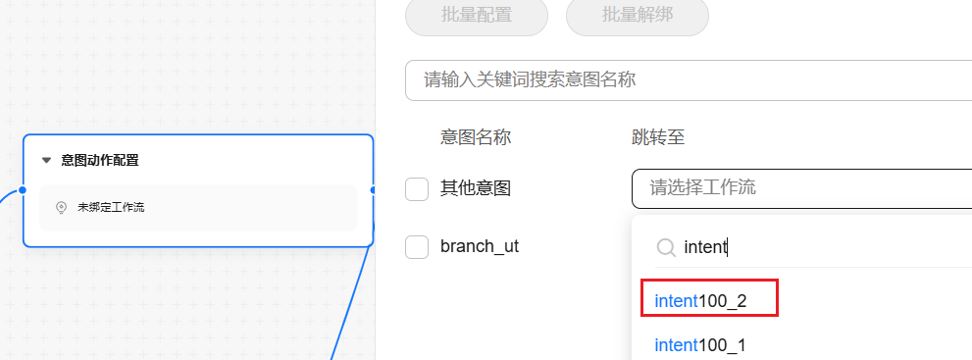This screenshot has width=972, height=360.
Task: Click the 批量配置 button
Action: pyautogui.click(x=476, y=15)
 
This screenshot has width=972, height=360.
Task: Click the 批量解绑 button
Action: pyautogui.click(x=638, y=15)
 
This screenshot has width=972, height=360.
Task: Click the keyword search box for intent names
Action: pyautogui.click(x=689, y=80)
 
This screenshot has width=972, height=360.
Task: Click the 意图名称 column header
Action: pyautogui.click(x=476, y=137)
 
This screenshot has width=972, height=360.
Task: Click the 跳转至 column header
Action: pyautogui.click(x=658, y=137)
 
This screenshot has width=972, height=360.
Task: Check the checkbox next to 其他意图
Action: pyautogui.click(x=417, y=189)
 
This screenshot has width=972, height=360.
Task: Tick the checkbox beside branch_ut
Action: pyautogui.click(x=417, y=247)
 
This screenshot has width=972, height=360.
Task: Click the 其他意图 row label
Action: pyautogui.click(x=476, y=188)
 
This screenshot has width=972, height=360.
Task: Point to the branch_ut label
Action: pyautogui.click(x=480, y=246)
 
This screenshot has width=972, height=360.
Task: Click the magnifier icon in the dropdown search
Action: pyautogui.click(x=666, y=248)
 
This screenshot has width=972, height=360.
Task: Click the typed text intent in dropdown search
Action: pyautogui.click(x=705, y=247)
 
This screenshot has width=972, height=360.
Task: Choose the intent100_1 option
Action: pyautogui.click(x=700, y=345)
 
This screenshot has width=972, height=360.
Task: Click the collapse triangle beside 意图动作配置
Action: pyautogui.click(x=46, y=161)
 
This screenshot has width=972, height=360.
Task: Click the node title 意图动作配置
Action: pyautogui.click(x=100, y=161)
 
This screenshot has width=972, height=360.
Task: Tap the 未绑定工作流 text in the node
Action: pyautogui.click(x=111, y=208)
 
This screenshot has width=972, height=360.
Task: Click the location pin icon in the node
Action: pyautogui.click(x=61, y=208)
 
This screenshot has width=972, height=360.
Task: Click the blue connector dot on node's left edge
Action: pyautogui.click(x=23, y=189)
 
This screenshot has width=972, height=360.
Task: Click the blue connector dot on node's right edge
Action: pyautogui.click(x=373, y=189)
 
